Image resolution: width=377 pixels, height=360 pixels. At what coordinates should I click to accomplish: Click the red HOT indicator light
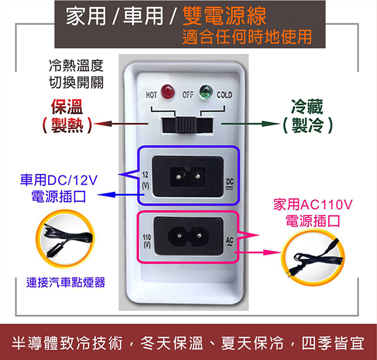point(168,92)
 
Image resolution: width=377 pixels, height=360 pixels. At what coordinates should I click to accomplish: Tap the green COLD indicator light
point(206,92)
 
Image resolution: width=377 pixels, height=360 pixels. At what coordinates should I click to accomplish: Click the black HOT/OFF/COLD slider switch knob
point(186,124)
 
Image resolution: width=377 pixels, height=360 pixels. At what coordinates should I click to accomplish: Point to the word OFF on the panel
point(187,95)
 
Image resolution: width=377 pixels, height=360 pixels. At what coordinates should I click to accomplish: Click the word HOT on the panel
point(151,95)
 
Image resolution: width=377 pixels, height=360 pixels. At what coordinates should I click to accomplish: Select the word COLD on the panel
point(224,95)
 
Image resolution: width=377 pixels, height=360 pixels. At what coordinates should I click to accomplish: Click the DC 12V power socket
point(187,177)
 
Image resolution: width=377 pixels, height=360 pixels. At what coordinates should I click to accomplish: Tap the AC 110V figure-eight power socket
point(188,236)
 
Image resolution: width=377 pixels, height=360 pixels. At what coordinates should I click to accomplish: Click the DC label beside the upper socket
point(230,184)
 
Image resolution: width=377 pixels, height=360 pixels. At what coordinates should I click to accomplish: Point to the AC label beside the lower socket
point(230,241)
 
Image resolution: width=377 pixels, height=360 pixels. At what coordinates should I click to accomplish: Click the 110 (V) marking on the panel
point(147,241)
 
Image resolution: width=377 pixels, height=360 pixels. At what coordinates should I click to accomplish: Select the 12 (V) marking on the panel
point(145,180)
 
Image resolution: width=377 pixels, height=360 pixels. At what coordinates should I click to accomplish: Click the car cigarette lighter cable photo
point(65,239)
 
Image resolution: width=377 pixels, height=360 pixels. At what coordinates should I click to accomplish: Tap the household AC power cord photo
point(313,258)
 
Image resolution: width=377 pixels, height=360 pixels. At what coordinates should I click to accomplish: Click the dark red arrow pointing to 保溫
point(121,124)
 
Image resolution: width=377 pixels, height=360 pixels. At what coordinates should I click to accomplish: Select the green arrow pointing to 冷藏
point(251,124)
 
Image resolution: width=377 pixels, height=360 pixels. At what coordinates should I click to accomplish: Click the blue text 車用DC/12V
point(59,180)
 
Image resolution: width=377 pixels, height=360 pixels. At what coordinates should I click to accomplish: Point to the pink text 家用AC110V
point(313,204)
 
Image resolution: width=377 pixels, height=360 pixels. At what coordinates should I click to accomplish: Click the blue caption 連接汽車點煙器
point(66,282)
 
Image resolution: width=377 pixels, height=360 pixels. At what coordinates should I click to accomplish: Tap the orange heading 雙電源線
point(224,16)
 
